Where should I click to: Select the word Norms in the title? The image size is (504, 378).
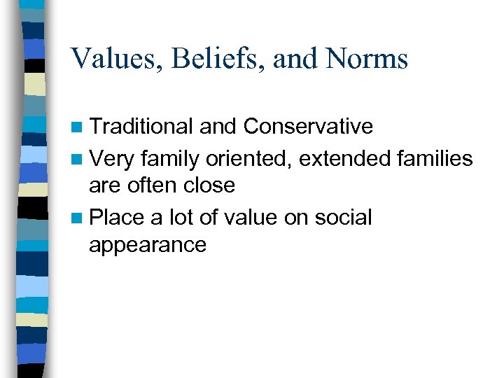(367, 59)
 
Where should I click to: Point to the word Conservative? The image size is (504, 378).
(307, 127)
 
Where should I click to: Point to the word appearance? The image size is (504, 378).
(148, 246)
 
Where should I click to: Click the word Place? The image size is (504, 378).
(118, 217)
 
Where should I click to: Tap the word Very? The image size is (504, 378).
(113, 159)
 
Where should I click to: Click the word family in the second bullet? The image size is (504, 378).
(170, 159)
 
